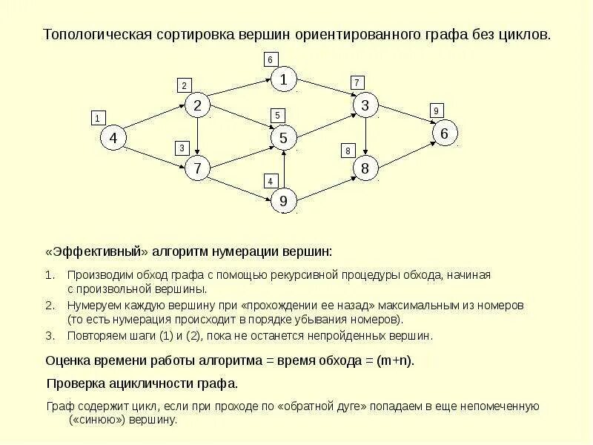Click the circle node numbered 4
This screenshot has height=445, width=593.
pos(113,138)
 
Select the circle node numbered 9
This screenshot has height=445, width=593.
pos(283,200)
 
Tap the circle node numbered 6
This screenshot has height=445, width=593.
pos(444,133)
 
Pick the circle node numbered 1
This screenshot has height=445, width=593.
pos(283,79)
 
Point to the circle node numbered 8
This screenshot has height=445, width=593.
pos(365,168)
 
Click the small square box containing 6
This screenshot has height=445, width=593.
pos(270,59)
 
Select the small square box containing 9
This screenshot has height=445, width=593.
pos(436,111)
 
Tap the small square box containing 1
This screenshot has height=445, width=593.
pos(97,117)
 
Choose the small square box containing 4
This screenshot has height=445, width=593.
pos(271,181)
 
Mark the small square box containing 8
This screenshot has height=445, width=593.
pos(347,151)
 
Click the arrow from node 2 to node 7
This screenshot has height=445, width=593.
pos(197,137)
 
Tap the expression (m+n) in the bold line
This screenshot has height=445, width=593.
pos(394,361)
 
